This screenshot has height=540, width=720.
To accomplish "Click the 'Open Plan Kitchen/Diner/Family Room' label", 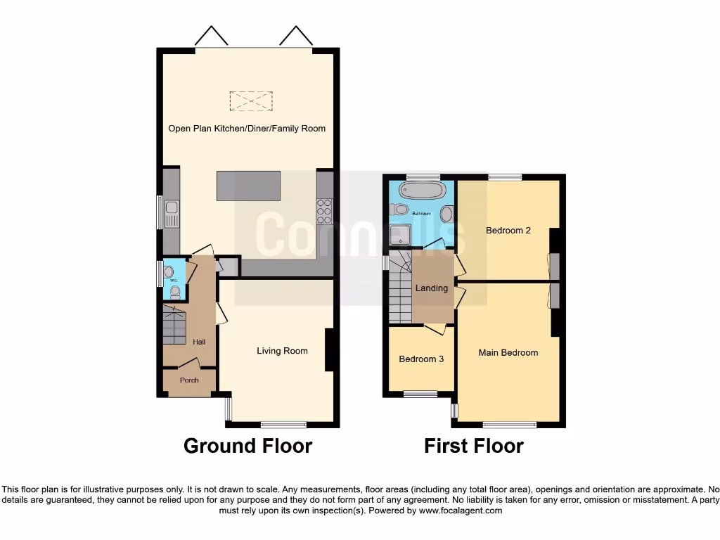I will click(x=247, y=129).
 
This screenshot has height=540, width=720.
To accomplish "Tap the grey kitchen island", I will click(x=249, y=186).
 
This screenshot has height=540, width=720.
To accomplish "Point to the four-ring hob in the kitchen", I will click(x=325, y=207).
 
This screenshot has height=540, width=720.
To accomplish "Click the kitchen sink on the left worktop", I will click(x=171, y=214).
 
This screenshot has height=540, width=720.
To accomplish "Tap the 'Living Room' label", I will click(x=282, y=351).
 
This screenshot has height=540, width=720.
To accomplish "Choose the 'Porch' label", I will click(x=189, y=380).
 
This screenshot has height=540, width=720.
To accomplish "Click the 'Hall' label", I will click(x=200, y=342).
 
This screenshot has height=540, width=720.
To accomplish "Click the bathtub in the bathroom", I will click(x=420, y=190).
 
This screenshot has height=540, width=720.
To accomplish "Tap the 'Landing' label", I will click(x=432, y=288).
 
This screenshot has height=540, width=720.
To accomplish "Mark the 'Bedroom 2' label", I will click(x=508, y=230).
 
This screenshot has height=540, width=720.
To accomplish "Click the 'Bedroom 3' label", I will click(x=421, y=359).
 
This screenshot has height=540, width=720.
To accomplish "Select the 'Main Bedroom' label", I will click(x=508, y=353).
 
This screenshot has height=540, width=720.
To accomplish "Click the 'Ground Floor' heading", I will click(x=247, y=446).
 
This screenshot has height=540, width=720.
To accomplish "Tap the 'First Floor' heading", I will click(x=474, y=446).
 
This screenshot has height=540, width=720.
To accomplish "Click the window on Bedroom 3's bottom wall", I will click(x=420, y=394).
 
